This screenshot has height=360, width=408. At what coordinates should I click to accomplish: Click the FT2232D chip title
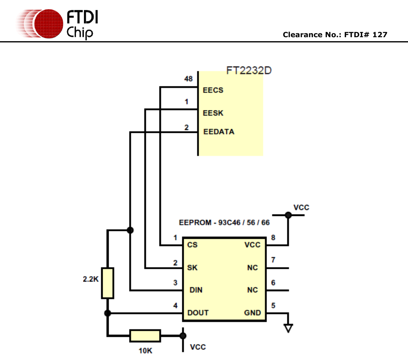pyautogui.click(x=249, y=71)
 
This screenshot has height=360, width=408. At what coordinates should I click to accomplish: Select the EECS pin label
pyautogui.click(x=213, y=90)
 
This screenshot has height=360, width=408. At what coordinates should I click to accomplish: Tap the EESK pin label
pyautogui.click(x=213, y=113)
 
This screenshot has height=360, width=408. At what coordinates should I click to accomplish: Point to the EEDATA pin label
pyautogui.click(x=219, y=132)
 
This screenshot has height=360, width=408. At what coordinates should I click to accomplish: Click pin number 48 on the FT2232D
pyautogui.click(x=189, y=79)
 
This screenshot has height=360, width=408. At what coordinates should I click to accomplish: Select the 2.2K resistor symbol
pyautogui.click(x=107, y=283)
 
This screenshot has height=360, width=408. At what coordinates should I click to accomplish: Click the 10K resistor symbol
pyautogui.click(x=145, y=336)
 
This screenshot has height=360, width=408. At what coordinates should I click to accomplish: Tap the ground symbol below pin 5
pyautogui.click(x=288, y=328)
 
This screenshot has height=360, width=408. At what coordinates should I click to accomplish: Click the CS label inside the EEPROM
pyautogui.click(x=192, y=245)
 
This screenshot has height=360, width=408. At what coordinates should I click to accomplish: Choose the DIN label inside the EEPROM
pyautogui.click(x=195, y=290)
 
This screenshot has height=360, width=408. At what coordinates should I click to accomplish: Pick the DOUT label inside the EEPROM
pyautogui.click(x=198, y=313)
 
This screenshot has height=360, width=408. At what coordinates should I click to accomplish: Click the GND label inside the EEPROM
pyautogui.click(x=252, y=313)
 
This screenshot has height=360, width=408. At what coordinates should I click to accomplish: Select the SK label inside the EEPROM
pyautogui.click(x=192, y=268)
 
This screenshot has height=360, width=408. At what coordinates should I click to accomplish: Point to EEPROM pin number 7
pyautogui.click(x=273, y=260)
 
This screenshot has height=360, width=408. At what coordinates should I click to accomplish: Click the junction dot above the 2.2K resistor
pyautogui.click(x=129, y=230)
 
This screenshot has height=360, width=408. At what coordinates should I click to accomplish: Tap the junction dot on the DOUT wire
pyautogui.click(x=107, y=313)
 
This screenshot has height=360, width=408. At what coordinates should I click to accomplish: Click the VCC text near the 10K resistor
pyautogui.click(x=198, y=347)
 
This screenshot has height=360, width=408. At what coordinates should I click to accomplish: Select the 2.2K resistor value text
pyautogui.click(x=90, y=279)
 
